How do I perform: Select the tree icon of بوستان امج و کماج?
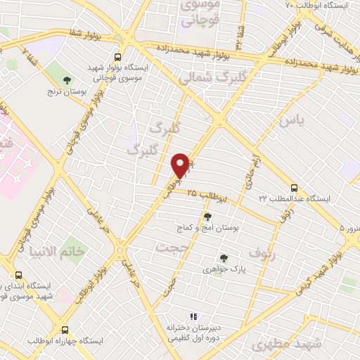tap(207, 216)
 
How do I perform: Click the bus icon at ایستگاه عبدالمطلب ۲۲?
tap(294, 188)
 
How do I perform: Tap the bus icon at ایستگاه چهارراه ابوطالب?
tap(65, 329)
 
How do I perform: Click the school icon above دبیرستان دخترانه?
tap(194, 317)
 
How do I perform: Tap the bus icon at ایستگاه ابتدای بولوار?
tap(18, 276)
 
